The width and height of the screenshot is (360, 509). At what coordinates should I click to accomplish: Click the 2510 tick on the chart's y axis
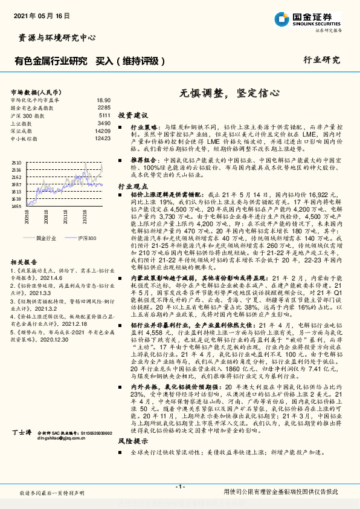(17, 163)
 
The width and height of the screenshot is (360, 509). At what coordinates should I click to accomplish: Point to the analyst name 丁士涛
(21, 450)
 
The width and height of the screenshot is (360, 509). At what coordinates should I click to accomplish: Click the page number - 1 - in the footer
(179, 487)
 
